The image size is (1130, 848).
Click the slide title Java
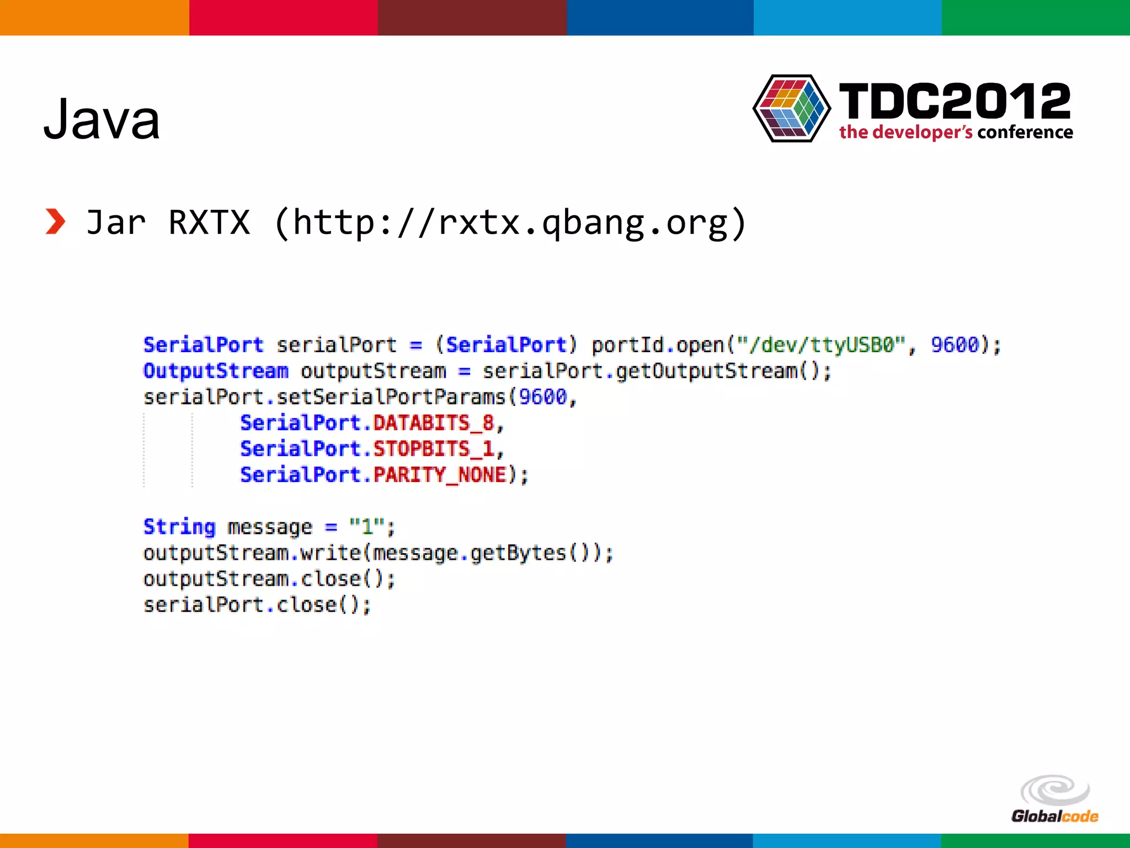(102, 119)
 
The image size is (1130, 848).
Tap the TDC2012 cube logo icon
(792, 109)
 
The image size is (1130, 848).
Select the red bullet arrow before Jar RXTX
(55, 222)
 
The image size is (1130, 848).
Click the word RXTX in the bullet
(209, 222)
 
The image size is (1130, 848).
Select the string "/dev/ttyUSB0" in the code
(822, 345)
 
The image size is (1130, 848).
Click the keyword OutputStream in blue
(216, 371)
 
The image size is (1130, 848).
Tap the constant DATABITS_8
(433, 423)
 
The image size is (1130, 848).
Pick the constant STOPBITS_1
(433, 449)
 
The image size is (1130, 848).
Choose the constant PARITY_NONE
(440, 475)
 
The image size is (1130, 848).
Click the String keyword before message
(179, 527)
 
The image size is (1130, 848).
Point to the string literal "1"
(366, 527)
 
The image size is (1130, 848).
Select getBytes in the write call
(518, 553)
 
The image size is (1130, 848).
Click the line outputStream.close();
(269, 579)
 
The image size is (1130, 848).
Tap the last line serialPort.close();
(257, 605)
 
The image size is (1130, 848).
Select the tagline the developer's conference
(956, 132)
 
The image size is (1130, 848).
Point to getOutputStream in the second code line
(707, 371)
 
